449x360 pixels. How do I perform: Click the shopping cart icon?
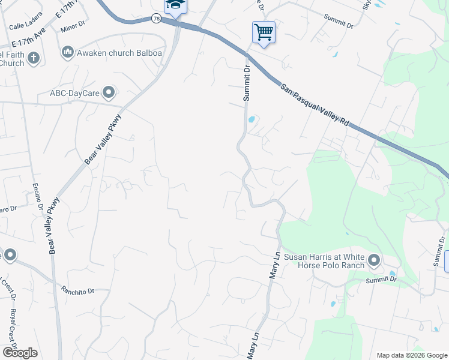pos(264,32)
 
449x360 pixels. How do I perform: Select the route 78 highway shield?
pos(156,19)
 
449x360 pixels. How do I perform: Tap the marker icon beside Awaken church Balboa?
pos(67,53)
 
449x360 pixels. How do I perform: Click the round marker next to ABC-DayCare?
pos(109,92)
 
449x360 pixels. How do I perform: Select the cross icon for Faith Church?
pos(34,58)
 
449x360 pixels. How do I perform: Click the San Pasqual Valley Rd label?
pos(314,105)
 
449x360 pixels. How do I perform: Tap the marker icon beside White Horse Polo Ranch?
pos(374,260)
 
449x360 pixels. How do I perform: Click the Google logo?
pos(20,352)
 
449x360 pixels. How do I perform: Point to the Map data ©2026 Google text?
pos(411,355)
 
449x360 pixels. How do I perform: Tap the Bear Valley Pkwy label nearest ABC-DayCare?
pos(91,140)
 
